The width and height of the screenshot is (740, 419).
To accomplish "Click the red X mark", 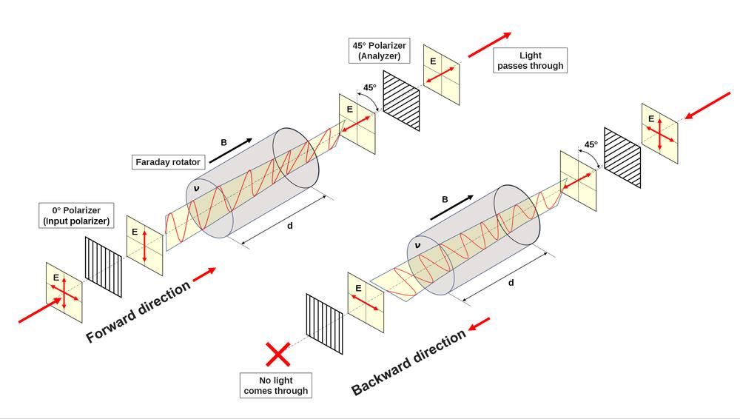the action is point(278,355).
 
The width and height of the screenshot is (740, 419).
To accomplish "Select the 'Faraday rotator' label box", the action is point(168,162).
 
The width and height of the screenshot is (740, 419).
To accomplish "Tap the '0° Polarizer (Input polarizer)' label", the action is point(76,215).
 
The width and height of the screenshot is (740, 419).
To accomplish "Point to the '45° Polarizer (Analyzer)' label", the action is point(380,50).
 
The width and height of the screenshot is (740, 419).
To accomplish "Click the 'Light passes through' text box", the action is point(531,61).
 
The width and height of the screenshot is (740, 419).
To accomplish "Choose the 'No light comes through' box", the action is point(276,386).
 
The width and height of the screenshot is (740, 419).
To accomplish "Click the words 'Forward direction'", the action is point(138,311).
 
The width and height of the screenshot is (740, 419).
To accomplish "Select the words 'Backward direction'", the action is point(408,361).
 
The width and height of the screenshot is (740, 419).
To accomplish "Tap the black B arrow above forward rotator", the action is point(231,151).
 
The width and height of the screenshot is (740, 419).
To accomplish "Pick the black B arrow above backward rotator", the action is point(451,207).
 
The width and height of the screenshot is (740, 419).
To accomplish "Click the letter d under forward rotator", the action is point(290,226).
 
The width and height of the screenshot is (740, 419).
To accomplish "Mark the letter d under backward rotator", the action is point(511,283).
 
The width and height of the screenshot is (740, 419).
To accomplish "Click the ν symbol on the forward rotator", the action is point(197,189).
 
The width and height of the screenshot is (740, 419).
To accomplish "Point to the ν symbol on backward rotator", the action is point(417,245).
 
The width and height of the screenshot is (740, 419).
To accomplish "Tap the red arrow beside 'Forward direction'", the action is point(204,275).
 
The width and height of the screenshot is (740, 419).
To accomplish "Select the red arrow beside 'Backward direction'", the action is point(479,324).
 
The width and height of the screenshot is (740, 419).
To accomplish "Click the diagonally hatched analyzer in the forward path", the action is point(401,101).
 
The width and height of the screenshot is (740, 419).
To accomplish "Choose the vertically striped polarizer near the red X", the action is point(325,324).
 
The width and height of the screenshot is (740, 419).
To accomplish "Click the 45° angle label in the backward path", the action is point(591,144).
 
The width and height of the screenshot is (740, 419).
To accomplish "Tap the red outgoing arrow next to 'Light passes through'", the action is point(490,44).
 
